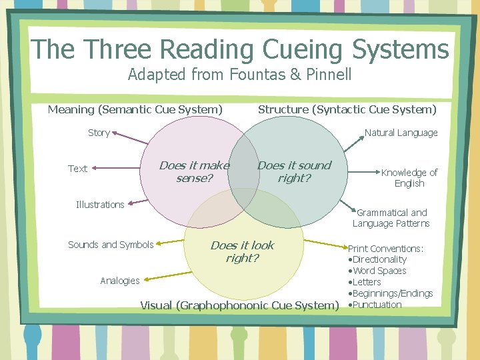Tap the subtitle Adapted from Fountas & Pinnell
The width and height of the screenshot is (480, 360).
tap(239, 74)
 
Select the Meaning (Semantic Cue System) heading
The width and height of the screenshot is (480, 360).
tap(135, 109)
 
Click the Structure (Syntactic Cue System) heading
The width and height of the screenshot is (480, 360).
tap(347, 109)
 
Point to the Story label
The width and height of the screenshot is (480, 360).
tap(99, 133)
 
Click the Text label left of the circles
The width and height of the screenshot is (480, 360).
tap(77, 169)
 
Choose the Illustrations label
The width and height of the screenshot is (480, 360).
tap(100, 205)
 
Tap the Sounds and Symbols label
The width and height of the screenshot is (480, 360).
tap(111, 245)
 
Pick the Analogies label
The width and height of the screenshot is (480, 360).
tap(120, 281)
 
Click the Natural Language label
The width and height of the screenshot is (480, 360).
tap(401, 133)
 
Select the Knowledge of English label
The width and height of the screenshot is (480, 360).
tap(409, 178)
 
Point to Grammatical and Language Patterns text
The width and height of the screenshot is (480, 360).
tap(391, 218)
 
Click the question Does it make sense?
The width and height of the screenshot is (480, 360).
tap(194, 172)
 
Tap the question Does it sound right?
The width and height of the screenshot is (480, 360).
tap(294, 172)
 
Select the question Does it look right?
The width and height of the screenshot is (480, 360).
tap(242, 252)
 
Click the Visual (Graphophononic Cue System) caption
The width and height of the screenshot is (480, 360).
tap(239, 305)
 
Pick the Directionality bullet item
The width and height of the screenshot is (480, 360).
tap(379, 259)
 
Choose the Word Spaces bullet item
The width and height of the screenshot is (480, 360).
tap(379, 271)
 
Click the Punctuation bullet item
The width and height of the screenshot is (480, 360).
tap(377, 305)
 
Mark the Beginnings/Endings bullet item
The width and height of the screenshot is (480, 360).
tap(393, 293)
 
